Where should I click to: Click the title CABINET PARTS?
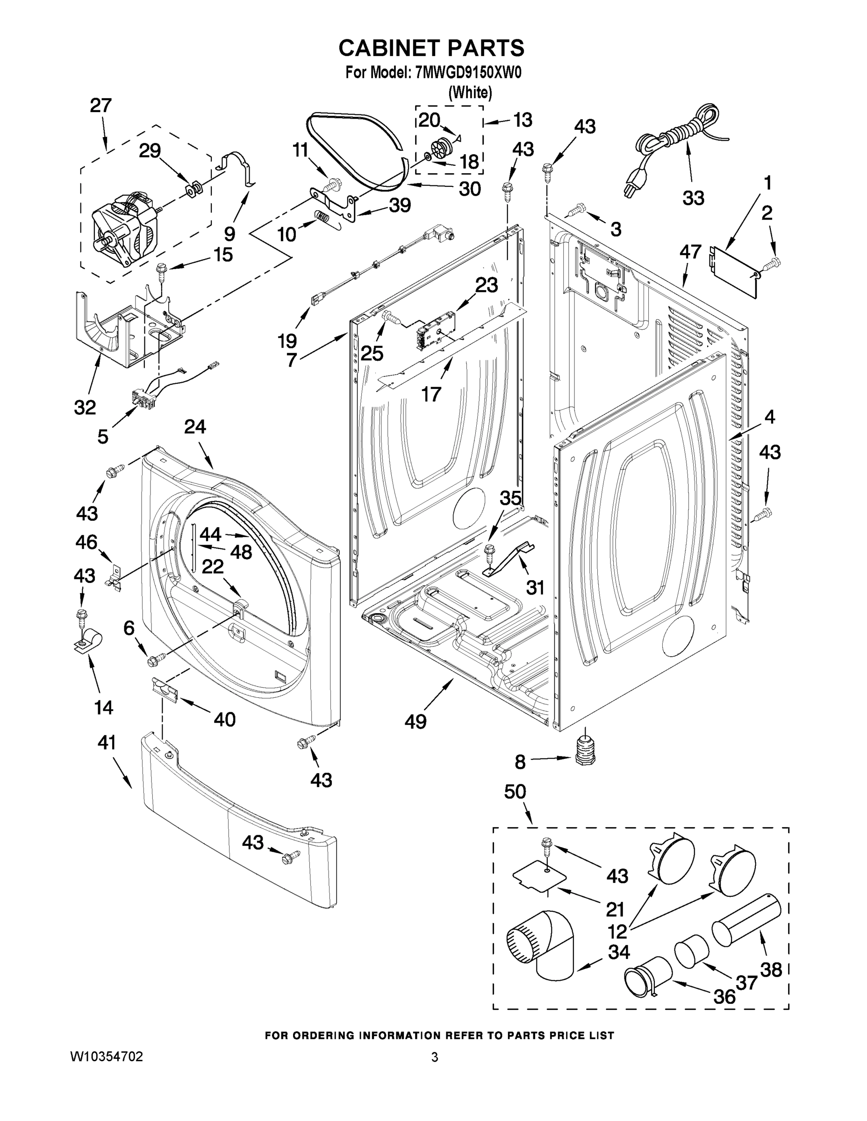click(431, 48)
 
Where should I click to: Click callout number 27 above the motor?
click(100, 106)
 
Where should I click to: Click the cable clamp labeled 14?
click(88, 639)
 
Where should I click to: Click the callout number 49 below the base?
click(415, 722)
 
